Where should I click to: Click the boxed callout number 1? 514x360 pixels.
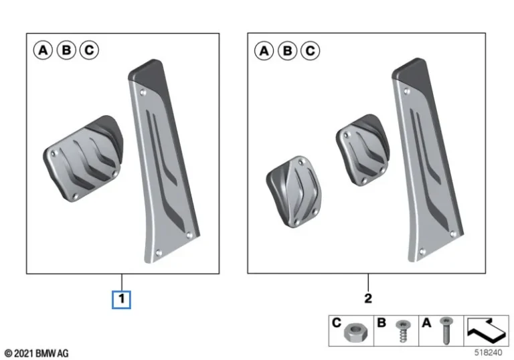(x=121, y=299)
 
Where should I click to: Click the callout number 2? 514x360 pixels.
(x=367, y=298)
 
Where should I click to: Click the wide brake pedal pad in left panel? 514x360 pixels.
(x=84, y=157)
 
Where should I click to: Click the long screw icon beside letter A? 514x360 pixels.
(x=445, y=330)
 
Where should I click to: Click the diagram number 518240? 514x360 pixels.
(x=487, y=352)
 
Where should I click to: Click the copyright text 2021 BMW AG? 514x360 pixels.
(x=36, y=353)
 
